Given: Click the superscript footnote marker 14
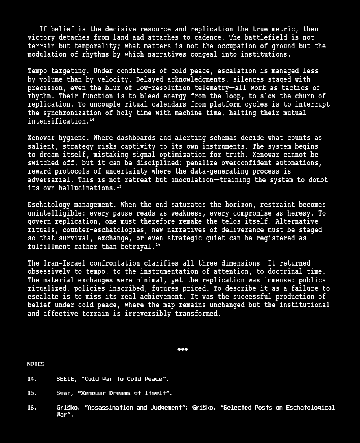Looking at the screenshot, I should point(92,120).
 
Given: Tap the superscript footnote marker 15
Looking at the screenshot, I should point(119,186).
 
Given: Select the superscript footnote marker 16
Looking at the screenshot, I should point(158,245).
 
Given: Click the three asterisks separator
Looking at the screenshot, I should point(183,350).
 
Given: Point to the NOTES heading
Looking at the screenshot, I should point(36,364).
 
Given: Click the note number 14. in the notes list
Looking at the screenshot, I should point(32,379).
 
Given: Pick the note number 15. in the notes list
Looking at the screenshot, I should point(32,393).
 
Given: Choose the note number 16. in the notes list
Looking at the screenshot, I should point(32,408).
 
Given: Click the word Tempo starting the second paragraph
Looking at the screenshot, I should point(37,71).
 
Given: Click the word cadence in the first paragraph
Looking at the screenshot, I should point(212,38).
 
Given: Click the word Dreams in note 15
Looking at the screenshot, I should point(120,393).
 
